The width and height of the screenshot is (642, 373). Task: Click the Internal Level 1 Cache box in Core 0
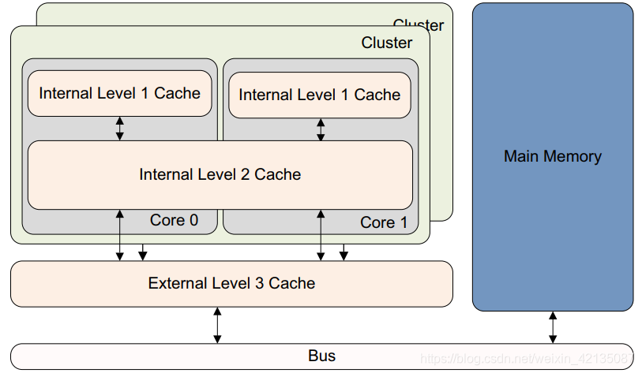119,93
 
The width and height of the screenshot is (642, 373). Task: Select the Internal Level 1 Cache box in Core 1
319,95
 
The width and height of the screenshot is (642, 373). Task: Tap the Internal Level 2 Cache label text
220,173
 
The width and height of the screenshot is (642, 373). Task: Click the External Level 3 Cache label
231,283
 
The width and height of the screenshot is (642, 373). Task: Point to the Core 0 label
174,220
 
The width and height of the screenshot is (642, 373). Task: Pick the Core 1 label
384,222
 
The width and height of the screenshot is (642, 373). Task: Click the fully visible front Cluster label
386,43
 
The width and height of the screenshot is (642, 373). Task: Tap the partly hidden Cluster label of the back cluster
419,24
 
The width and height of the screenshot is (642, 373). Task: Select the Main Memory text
552,156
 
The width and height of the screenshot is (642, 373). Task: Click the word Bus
321,356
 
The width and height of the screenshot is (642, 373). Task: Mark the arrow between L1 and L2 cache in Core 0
120,129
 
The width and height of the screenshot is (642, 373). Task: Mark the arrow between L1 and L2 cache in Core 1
321,129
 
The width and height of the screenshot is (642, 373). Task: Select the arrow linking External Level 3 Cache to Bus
217,325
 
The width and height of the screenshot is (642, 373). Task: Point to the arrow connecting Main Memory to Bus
553,326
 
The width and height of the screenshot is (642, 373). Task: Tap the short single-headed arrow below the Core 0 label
142,252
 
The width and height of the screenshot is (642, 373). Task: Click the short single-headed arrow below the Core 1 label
344,252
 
